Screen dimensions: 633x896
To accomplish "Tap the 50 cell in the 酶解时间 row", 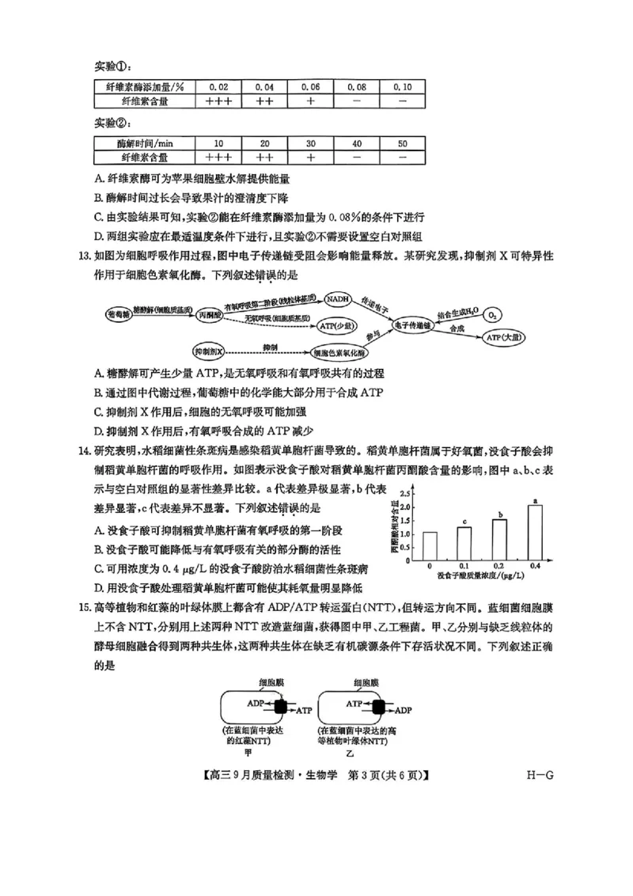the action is pyautogui.click(x=403, y=143).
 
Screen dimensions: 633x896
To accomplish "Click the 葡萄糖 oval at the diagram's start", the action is pyautogui.click(x=118, y=313).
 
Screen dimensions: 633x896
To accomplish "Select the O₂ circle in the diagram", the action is pyautogui.click(x=491, y=314).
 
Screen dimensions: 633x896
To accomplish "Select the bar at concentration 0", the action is pyautogui.click(x=430, y=546).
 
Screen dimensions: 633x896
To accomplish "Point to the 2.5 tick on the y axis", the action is pyautogui.click(x=405, y=492).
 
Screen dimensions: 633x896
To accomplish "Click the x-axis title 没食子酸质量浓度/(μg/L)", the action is pyautogui.click(x=482, y=578).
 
